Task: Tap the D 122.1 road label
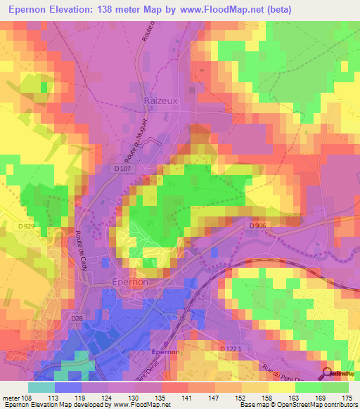[230, 349]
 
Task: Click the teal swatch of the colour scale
[41, 387]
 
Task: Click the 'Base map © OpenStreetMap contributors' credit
[297, 405]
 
